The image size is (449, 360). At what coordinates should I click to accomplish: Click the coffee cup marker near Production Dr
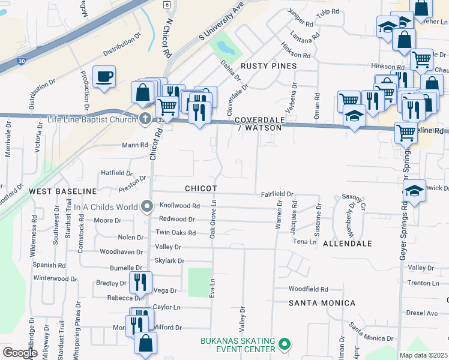pos(104,77)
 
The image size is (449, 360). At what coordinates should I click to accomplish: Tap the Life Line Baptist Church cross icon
pos(145,118)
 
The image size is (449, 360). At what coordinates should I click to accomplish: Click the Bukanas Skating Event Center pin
pos(285,345)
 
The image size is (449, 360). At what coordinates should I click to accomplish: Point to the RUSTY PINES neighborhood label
pos(268,65)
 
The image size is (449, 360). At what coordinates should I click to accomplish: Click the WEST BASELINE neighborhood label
pos(63,191)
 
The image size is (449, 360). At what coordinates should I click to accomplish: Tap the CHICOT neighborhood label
pos(200,188)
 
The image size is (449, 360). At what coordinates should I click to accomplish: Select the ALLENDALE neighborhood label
pos(348,244)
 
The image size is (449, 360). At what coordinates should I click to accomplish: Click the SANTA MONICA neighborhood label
pos(322,303)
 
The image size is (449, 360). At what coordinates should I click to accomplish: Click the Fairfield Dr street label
pos(277,194)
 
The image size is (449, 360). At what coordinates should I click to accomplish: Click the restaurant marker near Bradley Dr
pos(140,281)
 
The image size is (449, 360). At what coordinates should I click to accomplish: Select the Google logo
pos(20,353)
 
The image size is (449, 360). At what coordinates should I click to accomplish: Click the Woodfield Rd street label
pos(308,289)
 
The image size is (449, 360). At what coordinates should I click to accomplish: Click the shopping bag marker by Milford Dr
pos(145,343)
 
